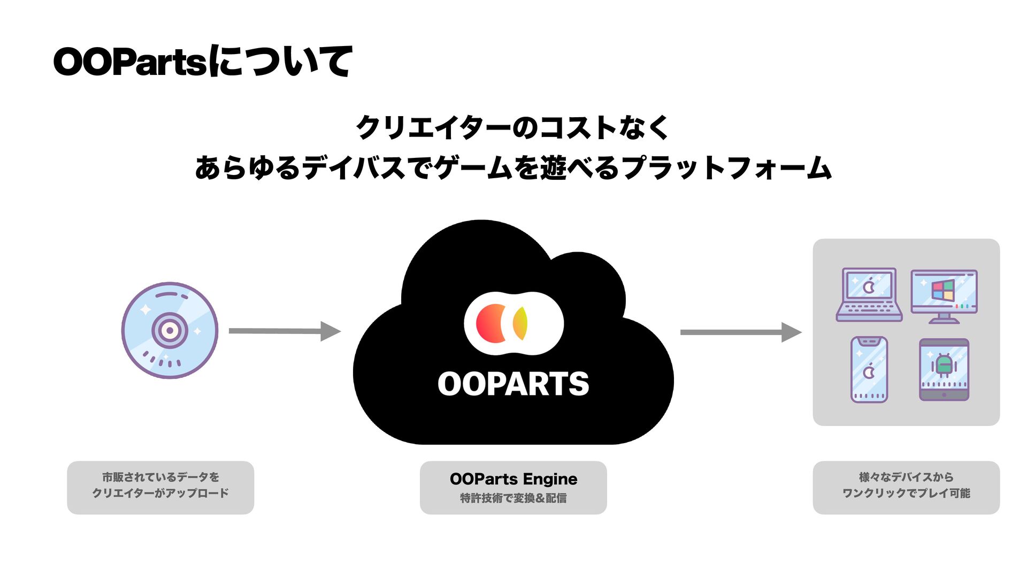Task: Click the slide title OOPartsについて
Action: pyautogui.click(x=203, y=62)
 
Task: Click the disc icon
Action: pyautogui.click(x=170, y=330)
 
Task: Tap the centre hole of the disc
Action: pyautogui.click(x=170, y=330)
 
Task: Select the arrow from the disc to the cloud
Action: pyautogui.click(x=284, y=331)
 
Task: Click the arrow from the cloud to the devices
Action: pyautogui.click(x=740, y=332)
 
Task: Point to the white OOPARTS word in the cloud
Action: pyautogui.click(x=513, y=384)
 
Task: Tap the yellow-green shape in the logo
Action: pyautogui.click(x=520, y=323)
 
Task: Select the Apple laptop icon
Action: pyautogui.click(x=869, y=294)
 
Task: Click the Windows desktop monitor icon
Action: pyautogui.click(x=944, y=295)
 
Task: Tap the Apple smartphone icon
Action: pyautogui.click(x=869, y=369)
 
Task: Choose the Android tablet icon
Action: pyautogui.click(x=944, y=369)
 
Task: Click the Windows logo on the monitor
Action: pyautogui.click(x=943, y=290)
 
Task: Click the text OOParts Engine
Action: pyautogui.click(x=513, y=478)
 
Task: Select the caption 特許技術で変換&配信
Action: pyautogui.click(x=513, y=498)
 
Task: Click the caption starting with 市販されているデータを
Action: pyautogui.click(x=160, y=477)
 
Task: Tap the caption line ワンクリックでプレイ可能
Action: pyautogui.click(x=906, y=493)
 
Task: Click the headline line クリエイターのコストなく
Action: pyautogui.click(x=512, y=127)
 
